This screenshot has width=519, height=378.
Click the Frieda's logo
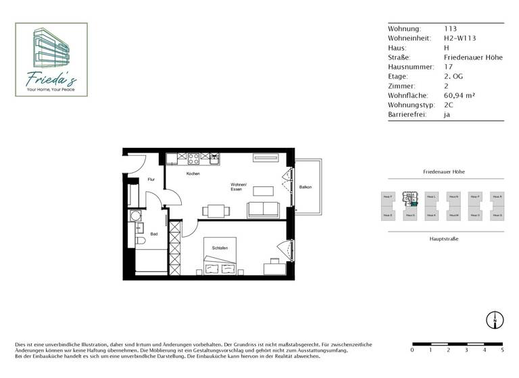coord(51,59)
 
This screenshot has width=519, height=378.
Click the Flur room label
coord(151,180)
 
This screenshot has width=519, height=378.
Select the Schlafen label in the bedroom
coord(220,248)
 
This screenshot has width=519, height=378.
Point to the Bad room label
coord(154,234)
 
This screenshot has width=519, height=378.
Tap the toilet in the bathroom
coord(140,240)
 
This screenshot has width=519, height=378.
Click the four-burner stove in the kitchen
coord(193,159)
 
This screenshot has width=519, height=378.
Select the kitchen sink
coord(214,159)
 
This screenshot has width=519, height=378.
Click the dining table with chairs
coord(216,211)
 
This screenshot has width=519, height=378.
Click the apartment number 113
coord(450,29)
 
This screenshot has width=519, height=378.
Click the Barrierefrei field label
coord(407,115)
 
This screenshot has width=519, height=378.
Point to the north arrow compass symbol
coord(495,321)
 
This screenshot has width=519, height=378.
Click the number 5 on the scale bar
coord(502,350)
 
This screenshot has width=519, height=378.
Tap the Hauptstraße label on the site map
coord(444,239)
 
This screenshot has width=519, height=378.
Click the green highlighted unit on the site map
coord(414,204)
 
